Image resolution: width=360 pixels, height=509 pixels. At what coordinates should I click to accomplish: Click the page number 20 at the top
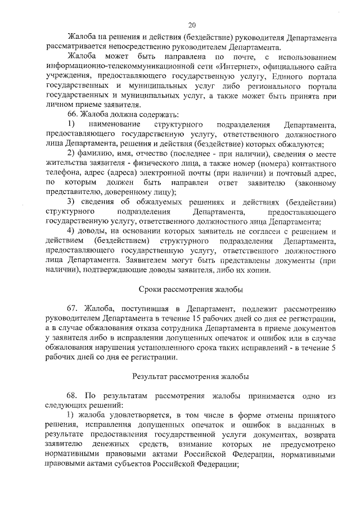(192, 24)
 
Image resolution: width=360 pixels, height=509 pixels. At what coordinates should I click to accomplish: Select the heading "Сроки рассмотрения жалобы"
(191, 290)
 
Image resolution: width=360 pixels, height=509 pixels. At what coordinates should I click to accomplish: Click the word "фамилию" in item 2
(97, 154)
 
